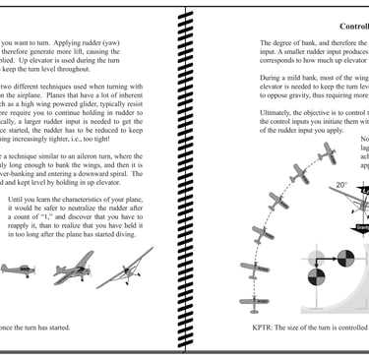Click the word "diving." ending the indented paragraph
[142, 246]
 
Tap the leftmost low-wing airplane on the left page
[19, 269]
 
